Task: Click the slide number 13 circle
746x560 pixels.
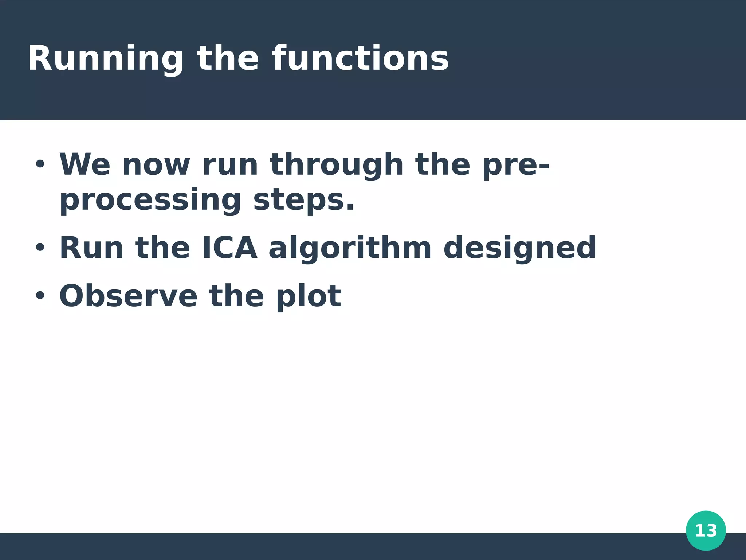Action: click(x=706, y=530)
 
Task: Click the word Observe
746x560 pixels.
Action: click(x=128, y=296)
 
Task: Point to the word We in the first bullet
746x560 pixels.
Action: click(x=85, y=164)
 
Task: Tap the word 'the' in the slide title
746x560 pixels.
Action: click(x=228, y=58)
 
